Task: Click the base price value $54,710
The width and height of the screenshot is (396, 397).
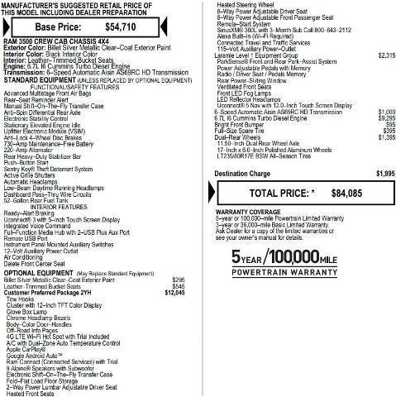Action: coord(142,26)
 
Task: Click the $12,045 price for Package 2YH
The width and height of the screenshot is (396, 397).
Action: coord(175,293)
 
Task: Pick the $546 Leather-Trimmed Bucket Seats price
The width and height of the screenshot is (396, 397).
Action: coord(178,286)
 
